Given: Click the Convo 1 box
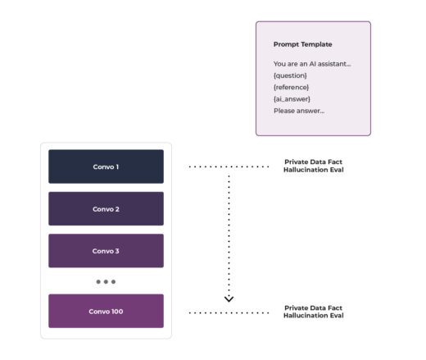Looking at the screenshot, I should click(x=106, y=166).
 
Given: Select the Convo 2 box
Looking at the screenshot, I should click(x=106, y=209).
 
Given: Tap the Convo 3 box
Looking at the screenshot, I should click(x=106, y=251).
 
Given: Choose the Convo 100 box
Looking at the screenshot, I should click(x=106, y=312).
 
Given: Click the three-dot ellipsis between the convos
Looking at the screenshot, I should click(x=106, y=281).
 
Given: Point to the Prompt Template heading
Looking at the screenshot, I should click(x=303, y=44).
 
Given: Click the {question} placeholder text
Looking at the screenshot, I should click(x=291, y=75).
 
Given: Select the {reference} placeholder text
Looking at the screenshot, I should click(x=292, y=87).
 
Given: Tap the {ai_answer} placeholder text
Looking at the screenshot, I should click(x=292, y=98).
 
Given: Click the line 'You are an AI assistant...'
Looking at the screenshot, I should click(x=312, y=63).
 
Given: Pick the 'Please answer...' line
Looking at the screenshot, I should click(x=299, y=111).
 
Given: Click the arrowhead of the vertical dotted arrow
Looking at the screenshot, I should click(x=229, y=298).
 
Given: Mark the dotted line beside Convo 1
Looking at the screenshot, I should click(x=229, y=166).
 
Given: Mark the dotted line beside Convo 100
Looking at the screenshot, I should click(x=229, y=312).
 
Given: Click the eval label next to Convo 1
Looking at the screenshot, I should click(x=314, y=166).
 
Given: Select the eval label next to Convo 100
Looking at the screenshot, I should click(x=314, y=312).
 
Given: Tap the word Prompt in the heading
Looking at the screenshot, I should click(x=285, y=44).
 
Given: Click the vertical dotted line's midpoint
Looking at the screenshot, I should click(x=229, y=232).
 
